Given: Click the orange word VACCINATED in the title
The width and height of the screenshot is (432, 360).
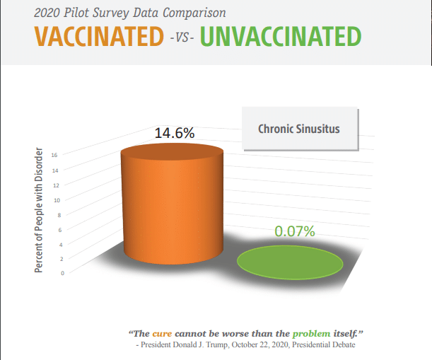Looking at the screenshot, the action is tap(99, 36).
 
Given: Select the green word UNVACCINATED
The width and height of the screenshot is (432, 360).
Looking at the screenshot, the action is tap(281, 36).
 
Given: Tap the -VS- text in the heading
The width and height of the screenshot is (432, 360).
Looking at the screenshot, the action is tap(182, 37).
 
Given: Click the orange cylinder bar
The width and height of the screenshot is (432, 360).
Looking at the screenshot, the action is tap(173, 204).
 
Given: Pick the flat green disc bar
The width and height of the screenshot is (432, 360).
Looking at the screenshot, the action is tap(290, 262).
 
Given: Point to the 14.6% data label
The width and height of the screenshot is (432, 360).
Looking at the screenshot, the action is tap(175, 133).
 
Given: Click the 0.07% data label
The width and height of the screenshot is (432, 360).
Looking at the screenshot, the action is tap(295, 231).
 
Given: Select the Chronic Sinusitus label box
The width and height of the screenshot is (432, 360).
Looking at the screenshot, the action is tap(300, 129).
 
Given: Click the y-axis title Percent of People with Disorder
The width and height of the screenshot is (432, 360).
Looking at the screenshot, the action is tap(39, 210).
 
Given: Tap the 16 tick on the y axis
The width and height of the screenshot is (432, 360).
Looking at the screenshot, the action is tap(54, 155).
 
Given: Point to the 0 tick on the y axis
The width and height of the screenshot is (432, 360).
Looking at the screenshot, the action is tap(62, 273).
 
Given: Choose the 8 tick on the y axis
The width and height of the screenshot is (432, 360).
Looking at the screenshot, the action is tap(59, 215).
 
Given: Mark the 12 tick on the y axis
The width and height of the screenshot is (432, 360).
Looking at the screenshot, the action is tap(56, 185).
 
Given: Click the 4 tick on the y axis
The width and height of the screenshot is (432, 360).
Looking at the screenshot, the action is tap(61, 245).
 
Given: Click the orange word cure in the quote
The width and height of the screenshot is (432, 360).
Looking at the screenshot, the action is tap(162, 334).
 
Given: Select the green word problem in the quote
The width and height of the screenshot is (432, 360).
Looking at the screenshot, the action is tap(311, 334).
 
